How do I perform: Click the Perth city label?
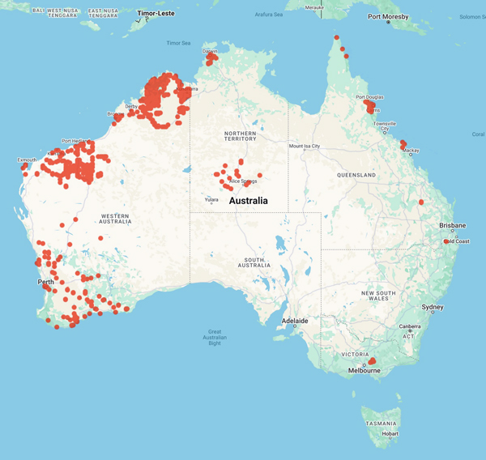pyautogui.click(x=45, y=282)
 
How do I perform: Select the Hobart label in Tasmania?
pyautogui.click(x=390, y=434)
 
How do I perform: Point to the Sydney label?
pyautogui.click(x=433, y=307)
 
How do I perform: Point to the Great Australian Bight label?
pyautogui.click(x=215, y=337)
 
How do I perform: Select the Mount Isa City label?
pyautogui.click(x=305, y=146)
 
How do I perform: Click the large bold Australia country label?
pyautogui.click(x=254, y=200)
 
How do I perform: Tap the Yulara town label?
pyautogui.click(x=212, y=199)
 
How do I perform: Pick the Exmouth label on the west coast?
pyautogui.click(x=28, y=160)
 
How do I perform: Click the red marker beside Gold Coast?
pyautogui.click(x=446, y=241)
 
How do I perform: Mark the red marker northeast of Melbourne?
pyautogui.click(x=373, y=360)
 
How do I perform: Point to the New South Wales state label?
pyautogui.click(x=377, y=296)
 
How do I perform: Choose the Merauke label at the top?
pyautogui.click(x=313, y=6)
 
